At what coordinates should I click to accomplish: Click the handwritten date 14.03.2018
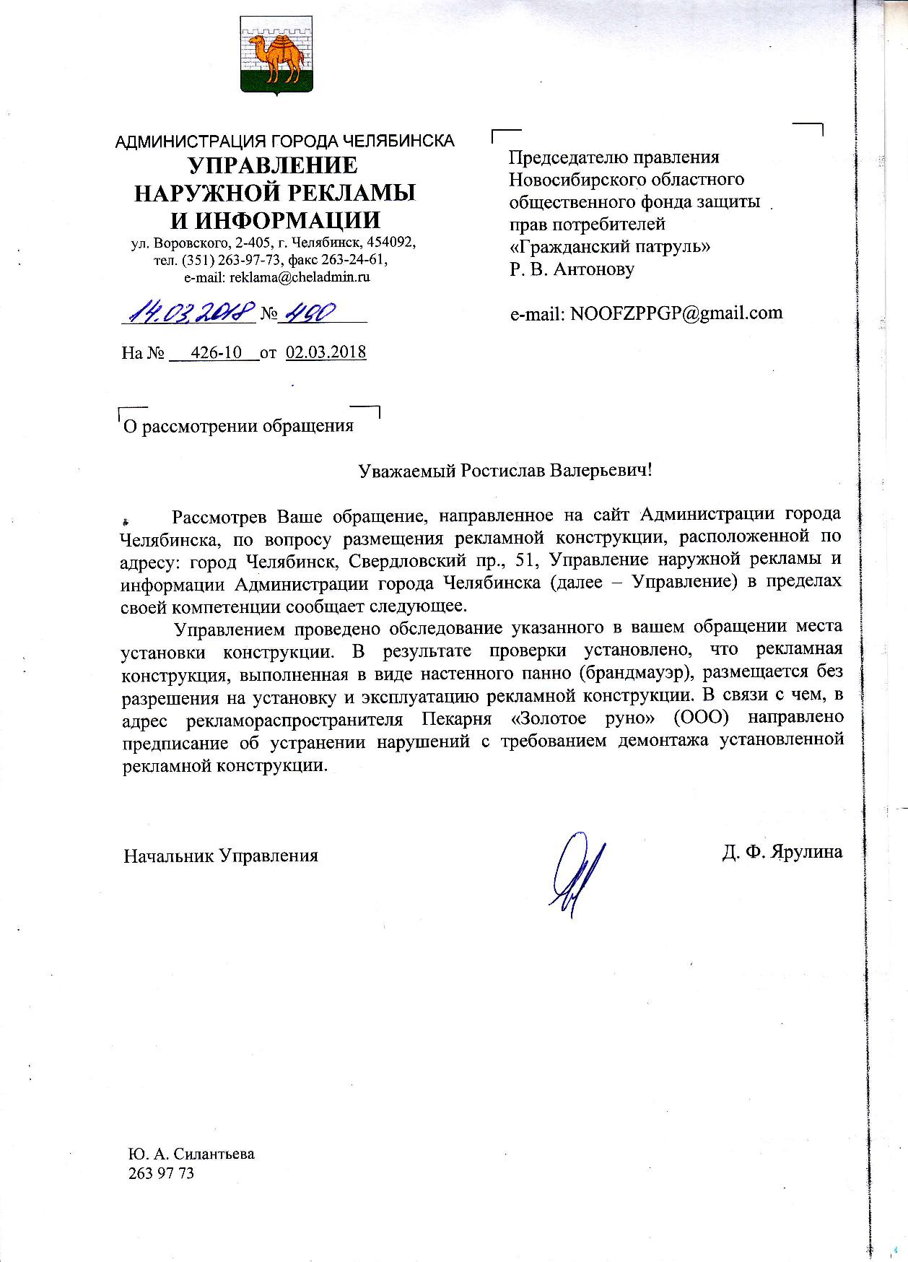pyautogui.click(x=191, y=313)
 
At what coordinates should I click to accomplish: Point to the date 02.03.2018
pyautogui.click(x=326, y=353)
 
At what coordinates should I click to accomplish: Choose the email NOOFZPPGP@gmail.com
pyautogui.click(x=646, y=313)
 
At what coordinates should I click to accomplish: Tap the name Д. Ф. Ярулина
pyautogui.click(x=782, y=852)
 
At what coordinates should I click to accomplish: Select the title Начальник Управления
pyautogui.click(x=221, y=856)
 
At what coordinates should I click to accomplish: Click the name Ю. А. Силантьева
pyautogui.click(x=191, y=1154)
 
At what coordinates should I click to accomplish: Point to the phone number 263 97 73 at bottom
pyautogui.click(x=161, y=1174)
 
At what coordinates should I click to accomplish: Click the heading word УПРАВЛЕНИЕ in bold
pyautogui.click(x=273, y=166)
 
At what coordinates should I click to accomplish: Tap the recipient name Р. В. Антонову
pyautogui.click(x=572, y=269)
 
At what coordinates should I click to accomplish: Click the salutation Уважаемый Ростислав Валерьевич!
pyautogui.click(x=505, y=471)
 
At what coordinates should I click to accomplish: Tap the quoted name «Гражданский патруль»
pyautogui.click(x=610, y=246)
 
